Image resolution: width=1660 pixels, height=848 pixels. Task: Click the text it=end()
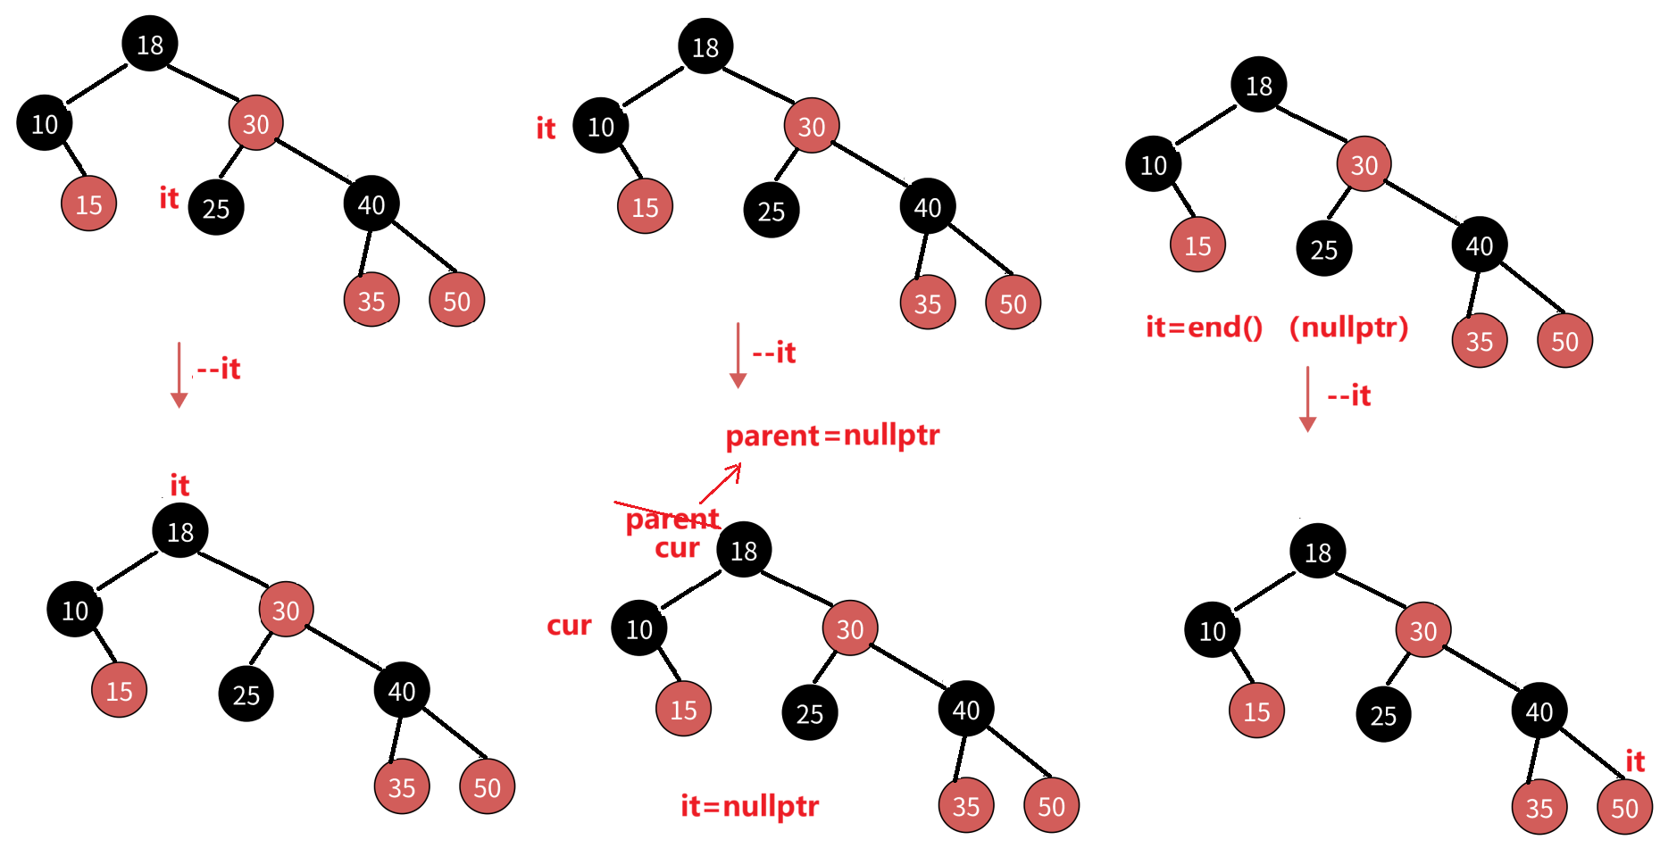(x=1204, y=328)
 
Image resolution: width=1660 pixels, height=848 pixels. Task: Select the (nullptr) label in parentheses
(x=1348, y=328)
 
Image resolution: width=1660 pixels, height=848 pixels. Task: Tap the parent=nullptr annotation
(x=832, y=436)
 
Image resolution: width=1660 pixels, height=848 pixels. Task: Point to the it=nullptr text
(x=749, y=806)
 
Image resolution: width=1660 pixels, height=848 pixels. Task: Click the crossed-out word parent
(x=672, y=519)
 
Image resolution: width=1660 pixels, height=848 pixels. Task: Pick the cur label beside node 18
(x=677, y=548)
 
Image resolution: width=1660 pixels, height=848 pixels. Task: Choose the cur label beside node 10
(x=569, y=626)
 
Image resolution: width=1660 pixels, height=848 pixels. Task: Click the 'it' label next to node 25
(x=169, y=198)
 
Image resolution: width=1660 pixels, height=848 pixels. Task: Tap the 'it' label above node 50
(x=1634, y=761)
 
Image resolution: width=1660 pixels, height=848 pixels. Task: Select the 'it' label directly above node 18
(x=179, y=486)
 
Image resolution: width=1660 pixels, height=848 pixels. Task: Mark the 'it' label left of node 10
(x=546, y=129)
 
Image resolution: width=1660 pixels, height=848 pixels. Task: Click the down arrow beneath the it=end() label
(x=1307, y=399)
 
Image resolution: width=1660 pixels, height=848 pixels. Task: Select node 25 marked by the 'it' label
(x=216, y=208)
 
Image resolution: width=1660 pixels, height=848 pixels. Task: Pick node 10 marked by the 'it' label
(x=601, y=126)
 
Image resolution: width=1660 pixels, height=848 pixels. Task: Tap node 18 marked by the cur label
(x=744, y=550)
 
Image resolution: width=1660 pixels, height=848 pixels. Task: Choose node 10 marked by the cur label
(x=639, y=628)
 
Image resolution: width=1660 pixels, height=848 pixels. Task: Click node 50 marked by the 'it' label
(x=1624, y=808)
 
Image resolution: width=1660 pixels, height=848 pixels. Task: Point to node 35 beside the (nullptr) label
(x=1480, y=340)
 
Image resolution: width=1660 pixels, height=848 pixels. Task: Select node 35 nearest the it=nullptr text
(x=966, y=806)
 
